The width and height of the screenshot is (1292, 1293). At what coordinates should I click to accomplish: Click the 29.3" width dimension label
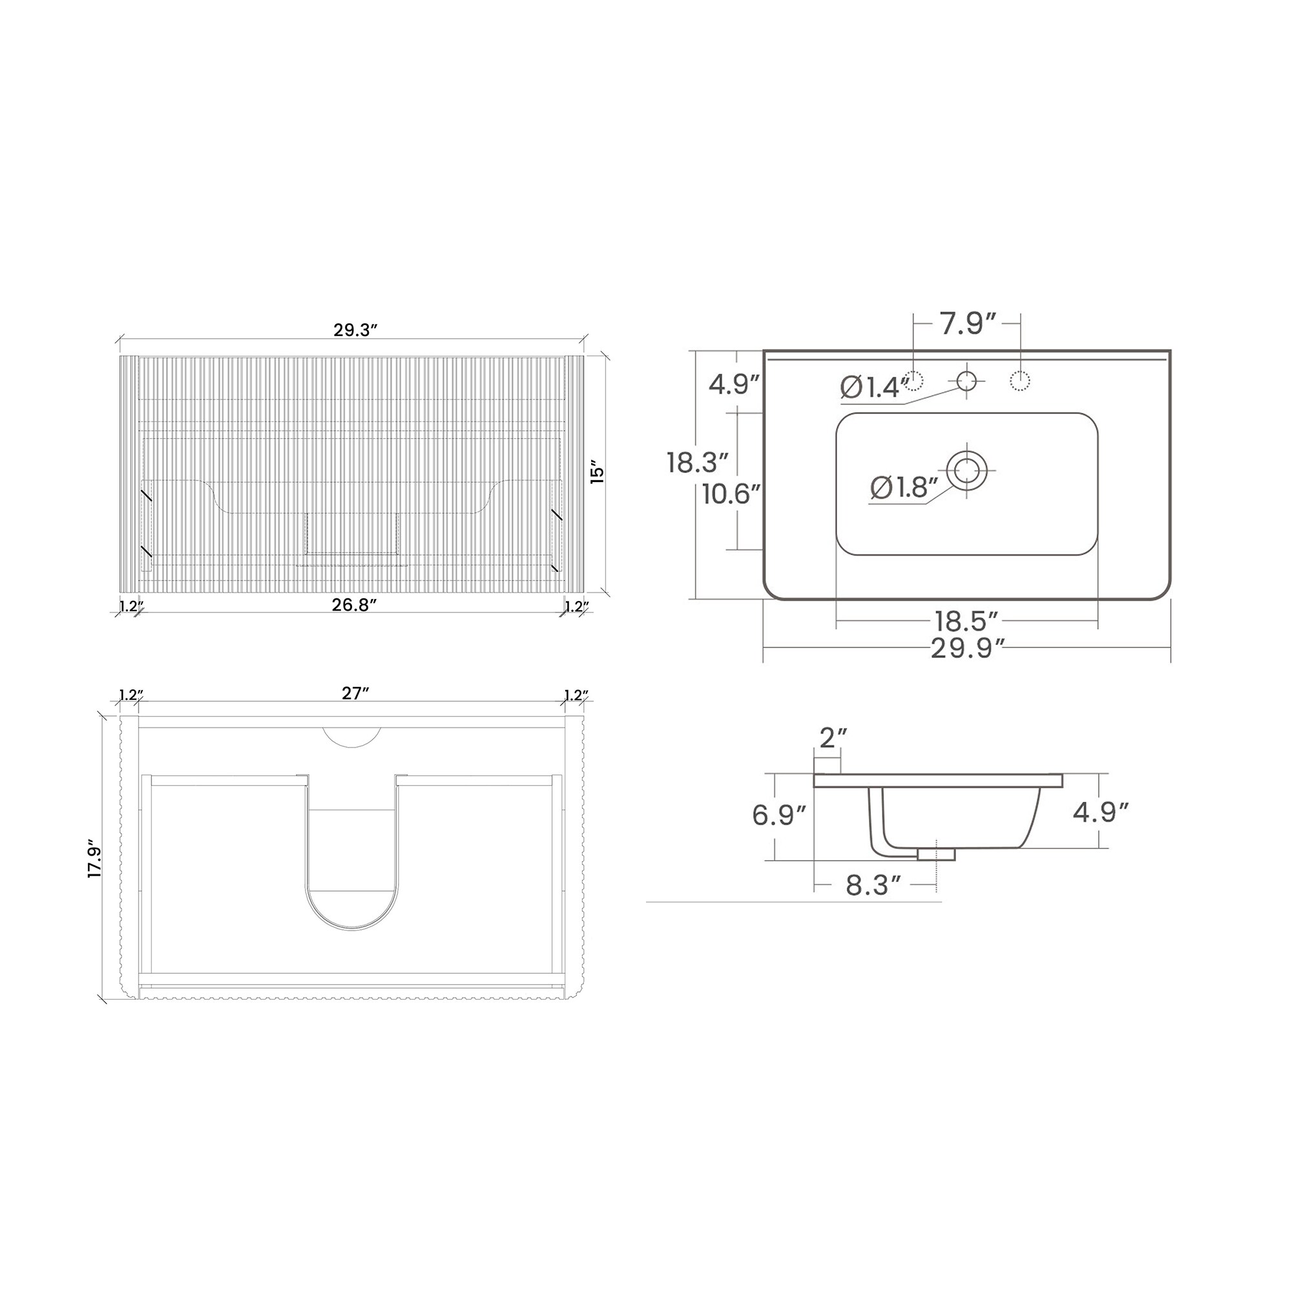tap(355, 330)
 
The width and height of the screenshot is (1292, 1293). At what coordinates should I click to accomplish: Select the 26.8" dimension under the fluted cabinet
tap(355, 605)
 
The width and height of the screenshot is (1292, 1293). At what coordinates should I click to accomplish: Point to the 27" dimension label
tap(356, 694)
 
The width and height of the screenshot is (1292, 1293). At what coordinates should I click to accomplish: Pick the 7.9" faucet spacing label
tap(969, 324)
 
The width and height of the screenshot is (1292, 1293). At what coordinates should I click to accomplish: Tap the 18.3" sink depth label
tap(697, 463)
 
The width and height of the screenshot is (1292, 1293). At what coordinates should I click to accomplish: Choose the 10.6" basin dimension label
tap(732, 494)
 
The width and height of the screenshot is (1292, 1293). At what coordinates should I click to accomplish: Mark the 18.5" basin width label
tap(967, 621)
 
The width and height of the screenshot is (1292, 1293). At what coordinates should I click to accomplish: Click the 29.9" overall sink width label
tap(968, 648)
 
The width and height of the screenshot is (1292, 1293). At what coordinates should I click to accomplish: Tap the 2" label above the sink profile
tap(833, 738)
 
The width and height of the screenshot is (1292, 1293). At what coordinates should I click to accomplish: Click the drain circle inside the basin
tap(967, 470)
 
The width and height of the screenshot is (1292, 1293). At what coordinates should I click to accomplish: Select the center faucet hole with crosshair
tap(967, 381)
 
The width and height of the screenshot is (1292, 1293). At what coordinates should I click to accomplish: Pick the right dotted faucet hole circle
tap(1019, 381)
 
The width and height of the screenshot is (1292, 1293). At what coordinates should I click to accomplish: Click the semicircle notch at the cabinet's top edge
tap(352, 735)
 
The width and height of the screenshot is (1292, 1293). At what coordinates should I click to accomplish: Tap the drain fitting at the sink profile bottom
tap(936, 854)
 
